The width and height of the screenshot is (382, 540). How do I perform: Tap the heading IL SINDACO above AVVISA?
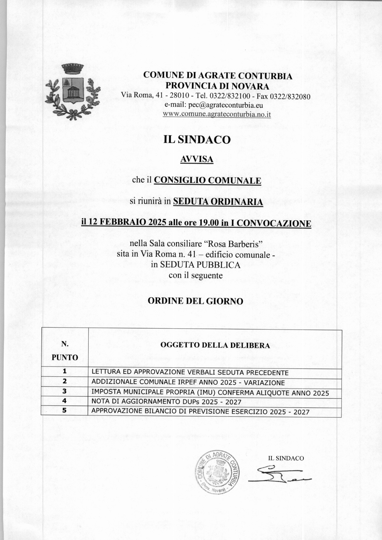pyautogui.click(x=197, y=140)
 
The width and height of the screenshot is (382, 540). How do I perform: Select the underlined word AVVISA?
pyautogui.click(x=197, y=159)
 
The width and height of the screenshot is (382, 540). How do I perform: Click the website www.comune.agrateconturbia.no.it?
pyautogui.click(x=217, y=114)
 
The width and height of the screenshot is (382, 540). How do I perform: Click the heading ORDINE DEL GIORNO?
pyautogui.click(x=195, y=301)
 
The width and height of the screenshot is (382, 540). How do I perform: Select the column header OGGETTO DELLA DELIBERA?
pyautogui.click(x=215, y=345)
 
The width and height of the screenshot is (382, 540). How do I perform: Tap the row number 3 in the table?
pyautogui.click(x=64, y=391)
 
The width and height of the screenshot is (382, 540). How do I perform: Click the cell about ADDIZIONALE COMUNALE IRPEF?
pyautogui.click(x=188, y=382)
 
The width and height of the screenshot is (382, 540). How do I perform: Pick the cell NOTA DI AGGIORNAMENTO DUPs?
pyautogui.click(x=166, y=402)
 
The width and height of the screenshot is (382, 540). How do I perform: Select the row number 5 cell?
pyautogui.click(x=64, y=410)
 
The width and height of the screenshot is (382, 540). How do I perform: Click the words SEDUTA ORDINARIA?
pyautogui.click(x=218, y=202)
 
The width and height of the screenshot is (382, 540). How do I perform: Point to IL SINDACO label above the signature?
pyautogui.click(x=286, y=458)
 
